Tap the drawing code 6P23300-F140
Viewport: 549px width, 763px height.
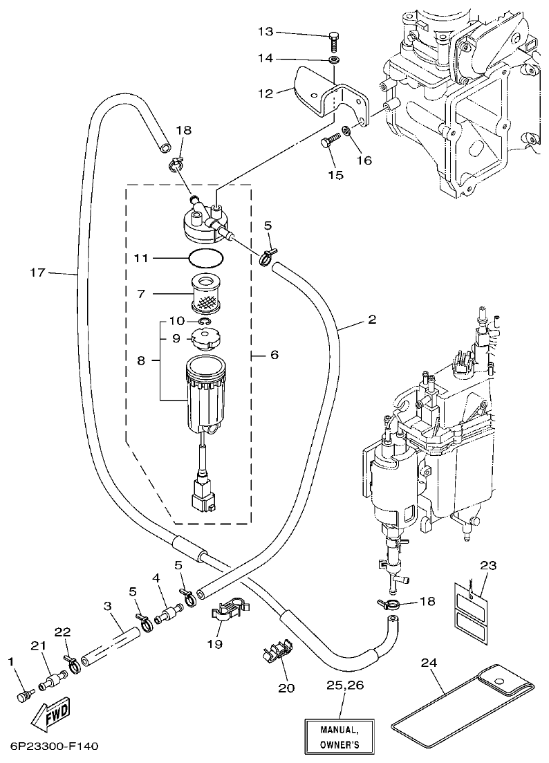pyautogui.click(x=55, y=748)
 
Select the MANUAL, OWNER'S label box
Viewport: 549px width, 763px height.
pyautogui.click(x=339, y=737)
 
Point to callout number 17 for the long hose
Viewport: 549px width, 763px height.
pyautogui.click(x=37, y=273)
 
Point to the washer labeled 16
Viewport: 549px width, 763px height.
pyautogui.click(x=346, y=129)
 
